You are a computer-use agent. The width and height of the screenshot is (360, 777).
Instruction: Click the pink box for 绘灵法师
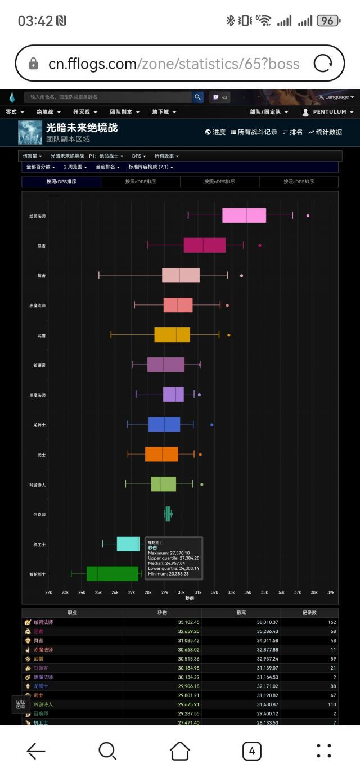[x=244, y=215]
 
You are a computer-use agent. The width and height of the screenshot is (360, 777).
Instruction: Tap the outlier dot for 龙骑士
[x=211, y=424]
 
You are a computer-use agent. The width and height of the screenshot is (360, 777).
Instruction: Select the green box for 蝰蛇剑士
[x=112, y=573]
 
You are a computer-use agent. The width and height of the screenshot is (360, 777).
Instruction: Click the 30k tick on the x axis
[x=181, y=592]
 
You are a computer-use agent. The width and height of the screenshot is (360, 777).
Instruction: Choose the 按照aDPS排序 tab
[x=141, y=182]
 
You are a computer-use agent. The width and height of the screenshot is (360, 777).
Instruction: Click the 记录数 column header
[x=309, y=613]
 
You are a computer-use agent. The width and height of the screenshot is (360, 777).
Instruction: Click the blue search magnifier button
[x=198, y=97]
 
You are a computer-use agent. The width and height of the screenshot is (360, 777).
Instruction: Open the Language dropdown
[x=336, y=97]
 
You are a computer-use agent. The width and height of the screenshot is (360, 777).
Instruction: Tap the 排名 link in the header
[x=292, y=132]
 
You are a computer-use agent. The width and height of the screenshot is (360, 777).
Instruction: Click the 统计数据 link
[x=325, y=132]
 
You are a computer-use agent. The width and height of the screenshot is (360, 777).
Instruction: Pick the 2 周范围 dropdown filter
[x=75, y=167]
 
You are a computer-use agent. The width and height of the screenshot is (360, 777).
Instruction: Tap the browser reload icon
[x=323, y=64]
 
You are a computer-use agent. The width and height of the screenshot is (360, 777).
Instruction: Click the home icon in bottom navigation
[x=180, y=751]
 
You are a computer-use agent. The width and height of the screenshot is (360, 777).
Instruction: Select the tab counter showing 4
[x=251, y=751]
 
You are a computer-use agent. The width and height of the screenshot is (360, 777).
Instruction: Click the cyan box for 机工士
[x=128, y=544]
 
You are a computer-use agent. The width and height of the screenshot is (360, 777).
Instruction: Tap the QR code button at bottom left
[x=21, y=704]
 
